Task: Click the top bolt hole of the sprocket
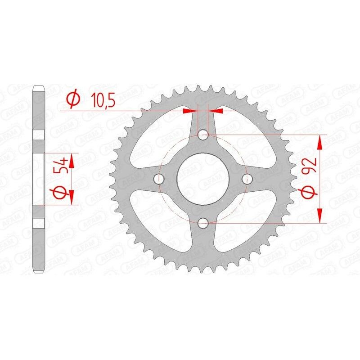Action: click(203, 135)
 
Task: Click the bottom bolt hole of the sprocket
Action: click(203, 222)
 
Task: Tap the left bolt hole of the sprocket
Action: click(159, 179)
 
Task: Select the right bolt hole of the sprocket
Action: click(246, 179)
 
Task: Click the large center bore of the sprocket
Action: click(202, 179)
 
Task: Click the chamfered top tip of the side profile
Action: click(39, 87)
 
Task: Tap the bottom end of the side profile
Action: click(39, 270)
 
